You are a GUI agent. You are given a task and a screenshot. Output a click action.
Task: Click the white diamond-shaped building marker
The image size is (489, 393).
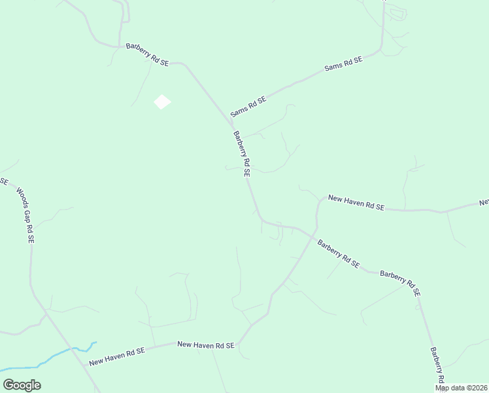(162, 102)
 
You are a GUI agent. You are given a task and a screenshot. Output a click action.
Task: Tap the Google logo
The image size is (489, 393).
(22, 385)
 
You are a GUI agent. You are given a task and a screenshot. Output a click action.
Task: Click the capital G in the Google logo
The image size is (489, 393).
(8, 385)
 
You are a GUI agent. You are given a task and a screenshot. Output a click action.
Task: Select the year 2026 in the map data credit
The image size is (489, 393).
(479, 388)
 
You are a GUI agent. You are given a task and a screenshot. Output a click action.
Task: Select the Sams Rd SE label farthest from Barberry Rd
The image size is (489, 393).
(343, 65)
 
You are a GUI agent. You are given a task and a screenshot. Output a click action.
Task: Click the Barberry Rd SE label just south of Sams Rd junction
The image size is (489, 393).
(242, 154)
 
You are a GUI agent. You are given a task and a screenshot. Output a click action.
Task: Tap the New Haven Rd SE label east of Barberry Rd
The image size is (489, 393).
(356, 202)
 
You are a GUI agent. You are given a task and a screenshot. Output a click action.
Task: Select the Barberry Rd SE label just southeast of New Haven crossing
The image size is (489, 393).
(338, 253)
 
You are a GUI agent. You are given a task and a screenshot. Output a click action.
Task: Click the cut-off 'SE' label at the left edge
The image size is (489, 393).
(3, 180)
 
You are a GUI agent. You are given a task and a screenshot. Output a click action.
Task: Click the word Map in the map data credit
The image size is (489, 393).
(443, 388)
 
